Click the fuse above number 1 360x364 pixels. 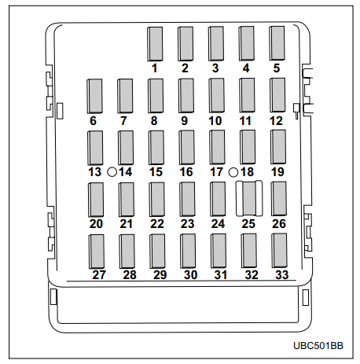coord(155,44)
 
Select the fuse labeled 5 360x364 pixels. coord(277,43)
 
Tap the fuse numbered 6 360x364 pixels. coord(94,96)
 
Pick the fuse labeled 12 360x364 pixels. coord(277,95)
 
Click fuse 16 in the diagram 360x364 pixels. coord(187,148)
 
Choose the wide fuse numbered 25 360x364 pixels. coord(249,198)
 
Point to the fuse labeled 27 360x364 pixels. coord(97,252)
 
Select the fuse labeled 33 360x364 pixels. coord(279,251)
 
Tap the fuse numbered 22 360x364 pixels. coord(157,200)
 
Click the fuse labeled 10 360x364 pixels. coord(217,95)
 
